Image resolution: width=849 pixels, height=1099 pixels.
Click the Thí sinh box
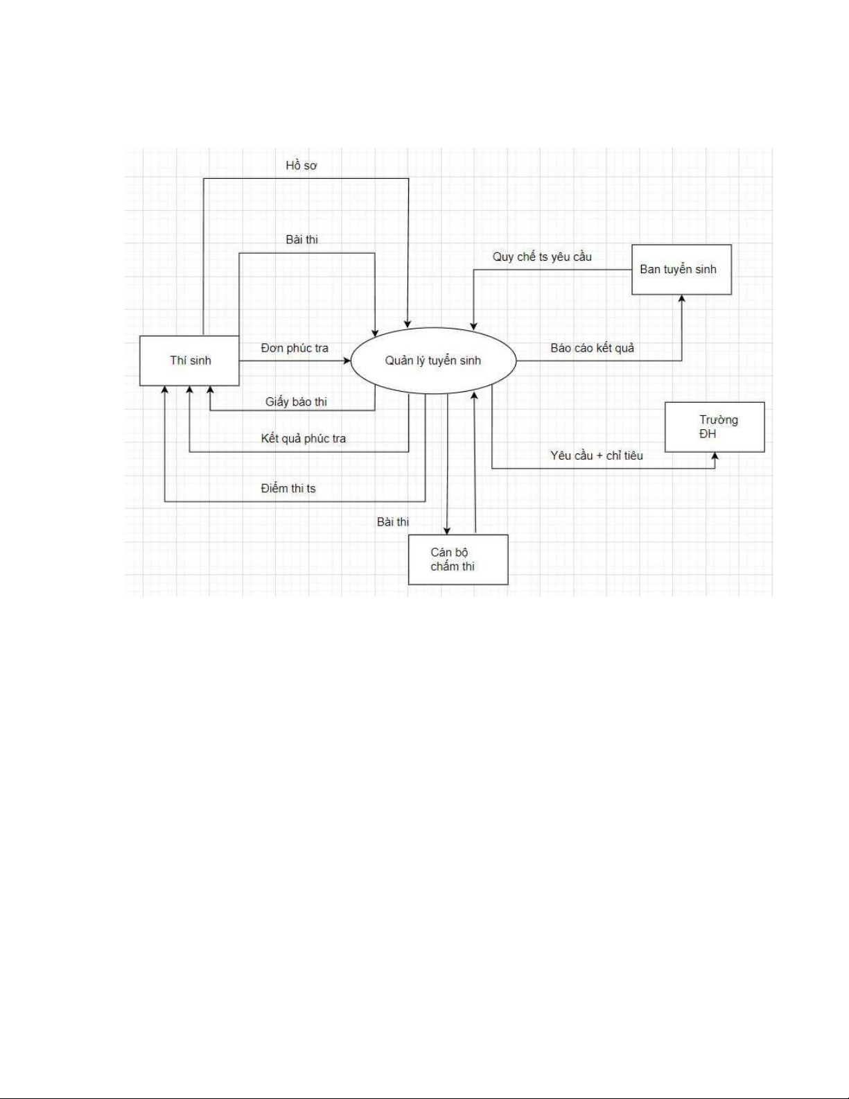189,361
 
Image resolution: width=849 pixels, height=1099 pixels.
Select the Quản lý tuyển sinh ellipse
433,361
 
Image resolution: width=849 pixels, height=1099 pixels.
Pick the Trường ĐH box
715,427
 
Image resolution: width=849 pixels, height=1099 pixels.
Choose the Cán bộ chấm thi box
457,560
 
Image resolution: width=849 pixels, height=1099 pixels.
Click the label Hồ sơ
301,166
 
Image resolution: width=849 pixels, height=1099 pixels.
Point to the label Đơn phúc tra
295,348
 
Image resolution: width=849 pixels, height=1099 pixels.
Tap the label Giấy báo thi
296,402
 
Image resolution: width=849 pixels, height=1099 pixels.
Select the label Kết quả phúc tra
303,438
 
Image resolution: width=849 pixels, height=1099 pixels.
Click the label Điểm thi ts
288,489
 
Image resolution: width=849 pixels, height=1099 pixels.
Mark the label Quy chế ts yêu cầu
542,257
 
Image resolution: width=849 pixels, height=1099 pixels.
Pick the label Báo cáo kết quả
592,348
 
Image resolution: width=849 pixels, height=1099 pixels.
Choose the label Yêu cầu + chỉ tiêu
597,456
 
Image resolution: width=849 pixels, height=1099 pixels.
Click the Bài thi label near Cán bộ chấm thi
392,522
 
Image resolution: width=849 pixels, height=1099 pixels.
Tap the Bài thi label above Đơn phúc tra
302,240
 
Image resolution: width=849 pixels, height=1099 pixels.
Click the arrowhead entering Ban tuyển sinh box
681,299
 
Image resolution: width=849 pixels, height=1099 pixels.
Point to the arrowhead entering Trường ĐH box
715,456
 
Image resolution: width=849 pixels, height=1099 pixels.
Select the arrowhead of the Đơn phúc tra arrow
347,361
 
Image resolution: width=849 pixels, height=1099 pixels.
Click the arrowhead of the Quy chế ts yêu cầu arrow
473,325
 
